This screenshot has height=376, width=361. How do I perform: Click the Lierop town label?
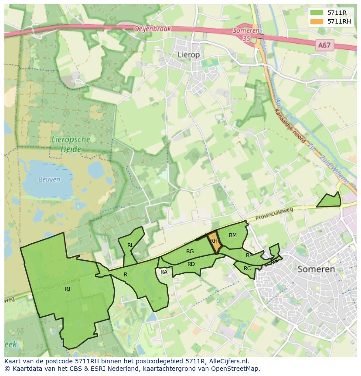pos(188,55)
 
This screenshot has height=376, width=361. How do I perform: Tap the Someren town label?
pos(316,269)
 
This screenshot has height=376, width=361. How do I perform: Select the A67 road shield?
pos(324,45)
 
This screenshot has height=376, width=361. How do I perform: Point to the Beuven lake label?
pos(49,179)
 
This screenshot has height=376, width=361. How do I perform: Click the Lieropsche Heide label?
pos(71,145)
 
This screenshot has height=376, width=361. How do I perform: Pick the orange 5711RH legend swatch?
pos(317,21)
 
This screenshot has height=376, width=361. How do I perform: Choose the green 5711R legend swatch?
pos(317,13)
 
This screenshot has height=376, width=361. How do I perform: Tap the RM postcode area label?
pos(233,235)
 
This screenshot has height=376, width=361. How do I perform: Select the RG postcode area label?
pos(190,252)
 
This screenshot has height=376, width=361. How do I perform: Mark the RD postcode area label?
pos(191,264)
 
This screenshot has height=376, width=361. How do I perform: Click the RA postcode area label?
pos(164,272)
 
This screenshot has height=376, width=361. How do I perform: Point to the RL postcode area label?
pos(130,245)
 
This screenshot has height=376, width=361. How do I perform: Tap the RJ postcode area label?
pos(67,289)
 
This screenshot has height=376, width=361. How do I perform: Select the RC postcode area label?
pos(247,269)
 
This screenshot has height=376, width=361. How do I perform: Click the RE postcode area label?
pos(249,255)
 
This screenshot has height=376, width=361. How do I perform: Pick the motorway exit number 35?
pos(247,38)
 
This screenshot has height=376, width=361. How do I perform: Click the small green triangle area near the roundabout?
pos(330,200)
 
